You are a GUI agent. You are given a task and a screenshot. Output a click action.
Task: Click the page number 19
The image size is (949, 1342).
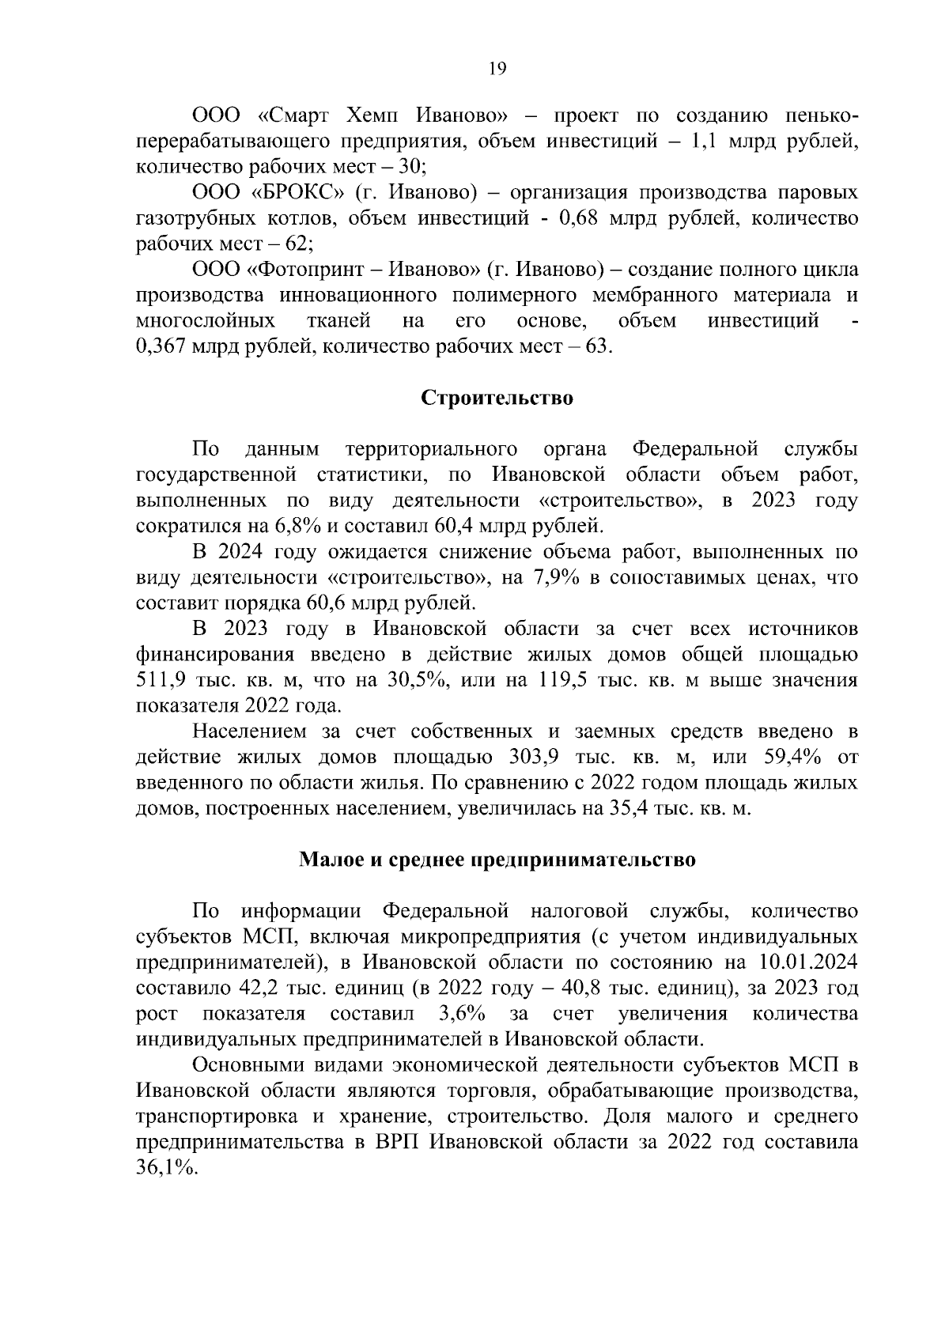[x=497, y=69]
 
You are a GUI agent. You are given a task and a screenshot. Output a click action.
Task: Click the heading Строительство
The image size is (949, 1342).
[x=497, y=398]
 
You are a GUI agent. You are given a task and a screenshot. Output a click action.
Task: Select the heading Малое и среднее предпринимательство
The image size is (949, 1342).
[x=497, y=860]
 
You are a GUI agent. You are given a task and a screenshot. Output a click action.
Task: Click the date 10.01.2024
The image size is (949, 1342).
[x=807, y=963]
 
